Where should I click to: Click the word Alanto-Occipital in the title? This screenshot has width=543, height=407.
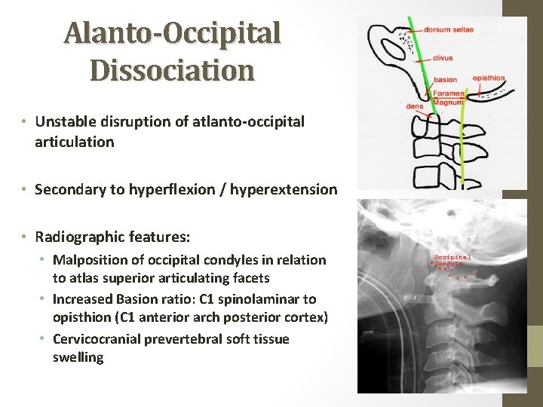pos(172,33)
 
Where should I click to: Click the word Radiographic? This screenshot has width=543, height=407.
pos(81,237)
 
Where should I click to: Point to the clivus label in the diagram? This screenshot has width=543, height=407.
pos(443,57)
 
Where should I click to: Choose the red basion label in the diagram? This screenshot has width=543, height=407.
pos(445,79)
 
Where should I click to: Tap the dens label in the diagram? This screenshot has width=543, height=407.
pos(414,106)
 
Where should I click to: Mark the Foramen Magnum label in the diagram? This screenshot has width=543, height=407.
pos(448,98)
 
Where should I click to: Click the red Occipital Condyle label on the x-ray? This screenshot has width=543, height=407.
pos(452,261)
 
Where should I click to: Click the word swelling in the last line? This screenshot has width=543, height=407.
pos(78,357)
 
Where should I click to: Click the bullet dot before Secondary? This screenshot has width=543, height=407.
pos(25,190)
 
